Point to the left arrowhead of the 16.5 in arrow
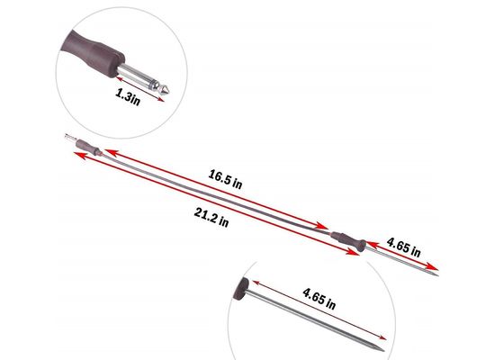pos(109,151)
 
